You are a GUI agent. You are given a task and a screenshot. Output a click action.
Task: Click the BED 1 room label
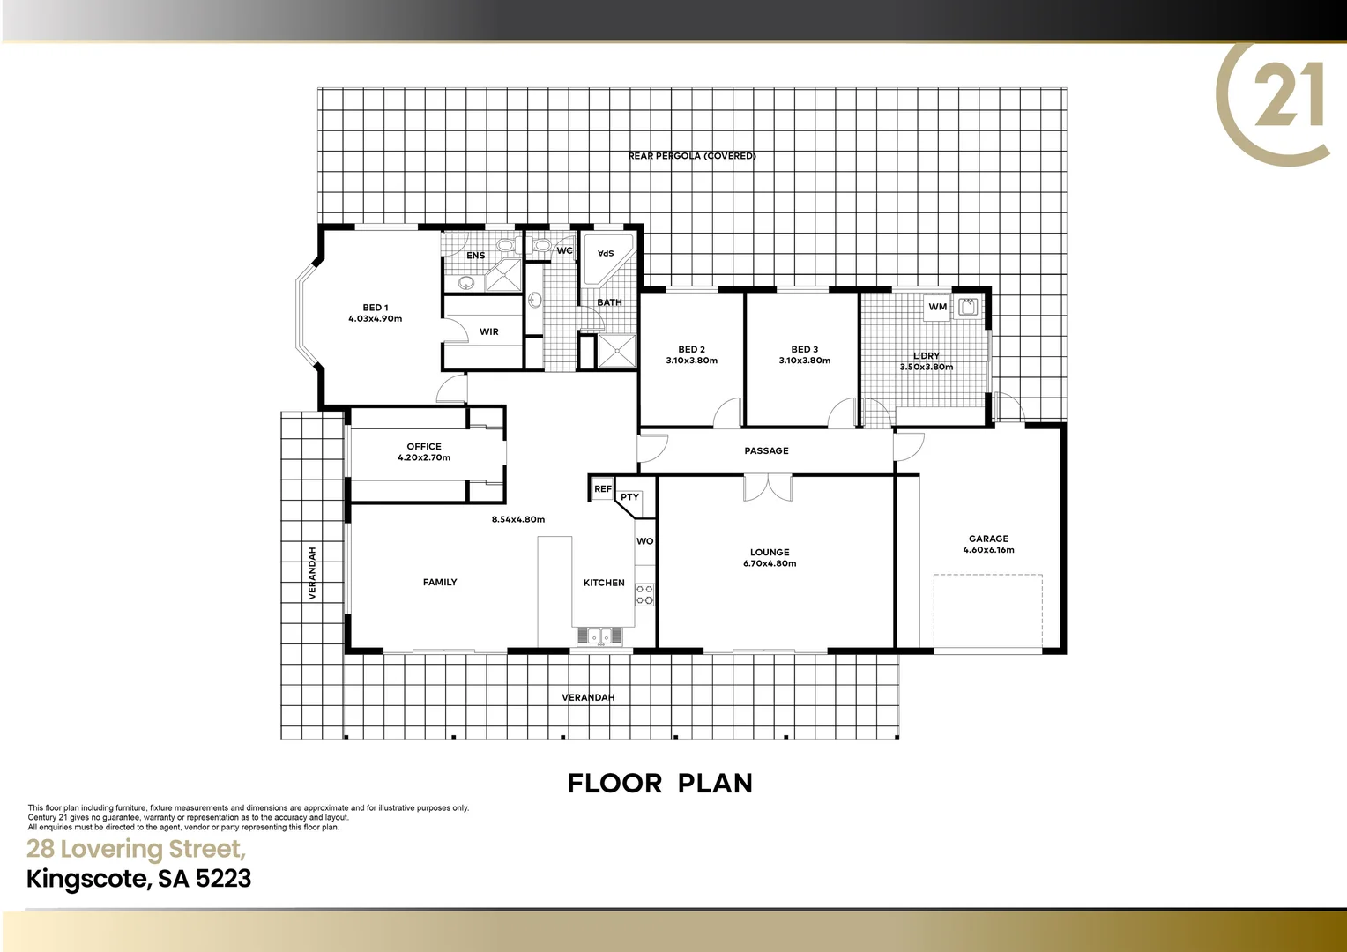(375, 308)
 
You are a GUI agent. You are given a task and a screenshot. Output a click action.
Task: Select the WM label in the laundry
(937, 307)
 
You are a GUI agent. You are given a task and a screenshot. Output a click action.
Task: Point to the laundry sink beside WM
(968, 307)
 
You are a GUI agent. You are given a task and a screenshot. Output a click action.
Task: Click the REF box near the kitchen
(602, 488)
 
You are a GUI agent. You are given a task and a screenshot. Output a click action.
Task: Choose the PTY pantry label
(629, 497)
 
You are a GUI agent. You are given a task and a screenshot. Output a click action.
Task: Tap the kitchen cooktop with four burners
(645, 594)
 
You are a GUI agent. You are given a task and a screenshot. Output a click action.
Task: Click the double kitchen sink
(599, 636)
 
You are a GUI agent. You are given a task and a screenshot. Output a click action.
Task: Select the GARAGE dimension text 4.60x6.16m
(988, 550)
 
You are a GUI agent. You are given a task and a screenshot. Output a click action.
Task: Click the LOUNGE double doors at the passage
(767, 487)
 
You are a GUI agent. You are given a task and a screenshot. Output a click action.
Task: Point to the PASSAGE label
(766, 450)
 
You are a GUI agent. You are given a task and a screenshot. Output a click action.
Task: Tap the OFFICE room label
(424, 446)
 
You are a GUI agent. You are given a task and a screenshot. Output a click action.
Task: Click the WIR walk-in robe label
(489, 331)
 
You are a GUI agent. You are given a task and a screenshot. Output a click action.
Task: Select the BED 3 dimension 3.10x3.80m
(804, 361)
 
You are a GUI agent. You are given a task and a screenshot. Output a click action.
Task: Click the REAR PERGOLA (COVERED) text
(692, 156)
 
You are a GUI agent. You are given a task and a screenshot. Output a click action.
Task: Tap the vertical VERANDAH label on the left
(312, 573)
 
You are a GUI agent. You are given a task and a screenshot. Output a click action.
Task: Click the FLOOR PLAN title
(660, 783)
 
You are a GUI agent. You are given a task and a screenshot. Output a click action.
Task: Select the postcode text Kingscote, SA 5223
(139, 879)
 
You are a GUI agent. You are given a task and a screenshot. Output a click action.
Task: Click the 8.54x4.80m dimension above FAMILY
(517, 519)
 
